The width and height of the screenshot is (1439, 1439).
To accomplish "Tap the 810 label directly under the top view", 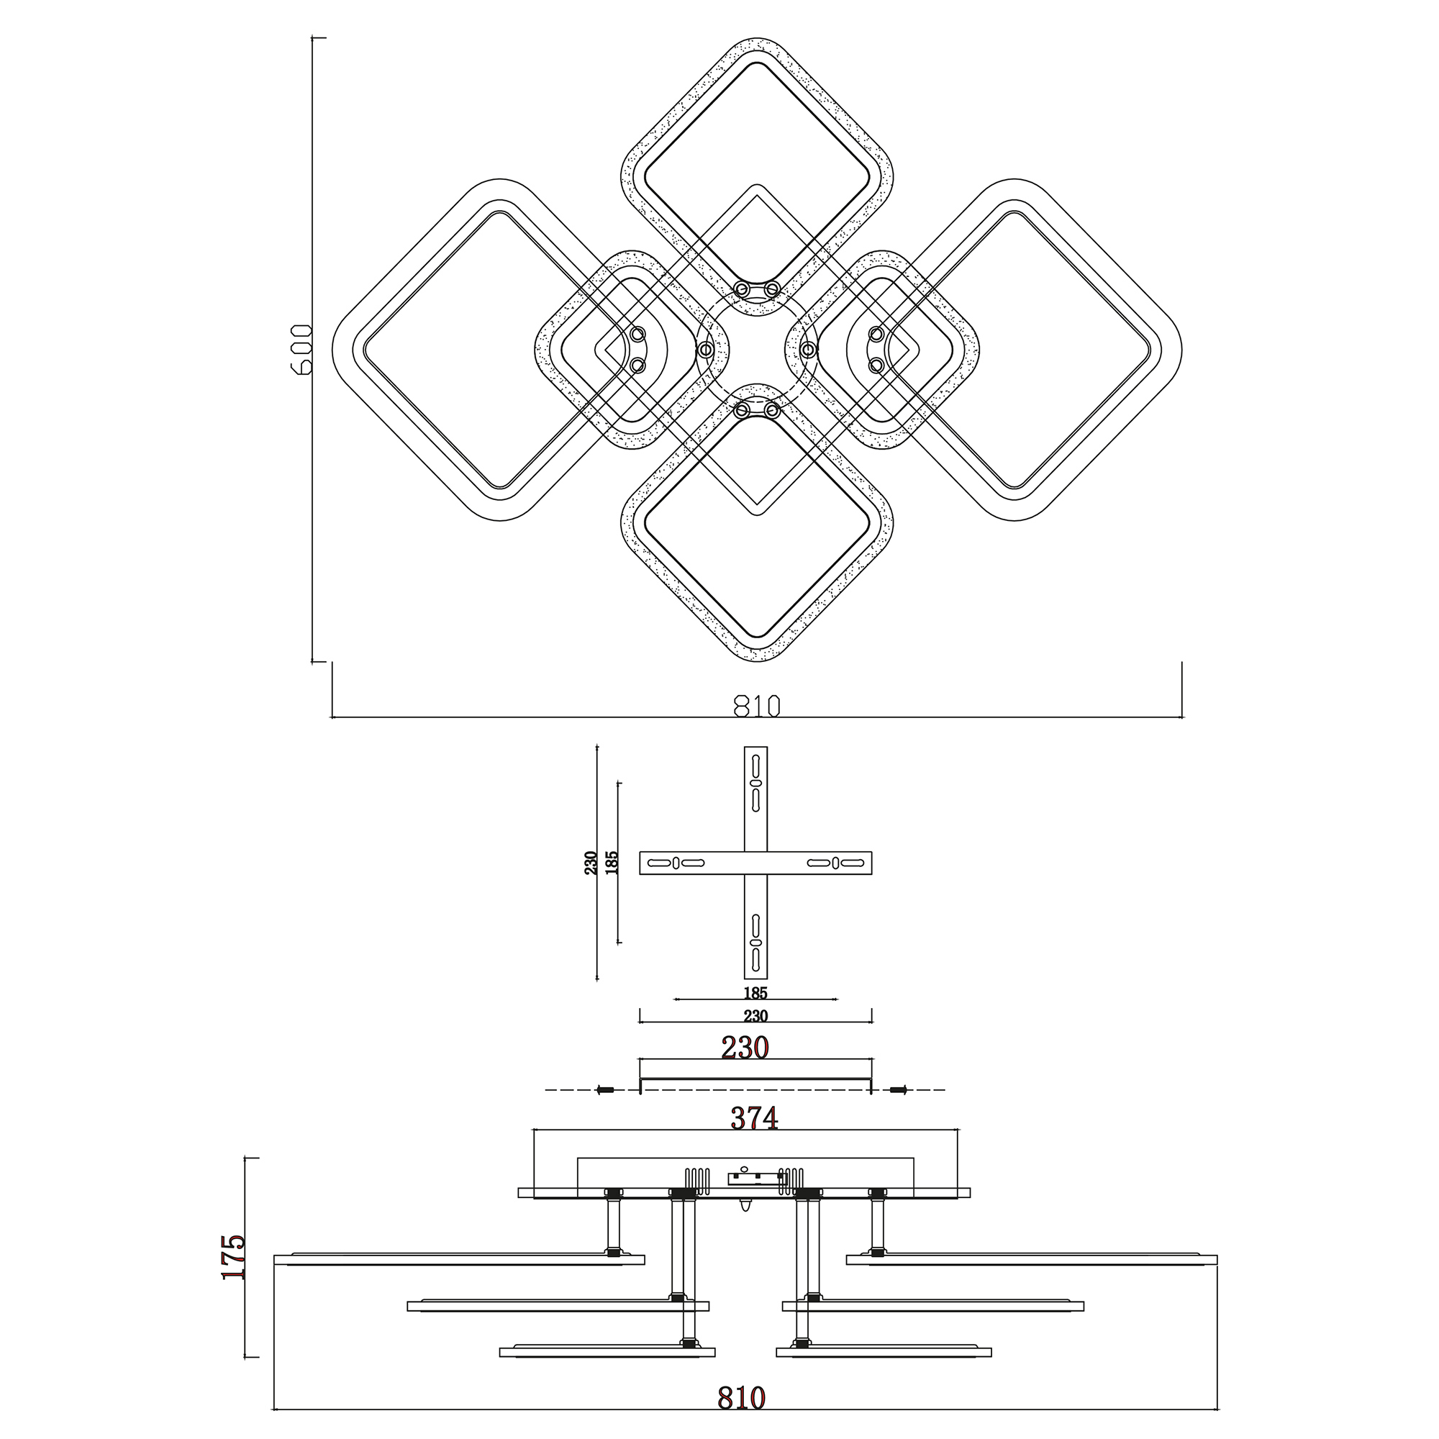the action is click(x=757, y=705).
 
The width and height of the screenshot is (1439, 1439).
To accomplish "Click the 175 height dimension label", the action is click(x=233, y=1256).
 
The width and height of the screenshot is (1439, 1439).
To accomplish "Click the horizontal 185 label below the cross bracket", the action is click(x=755, y=993).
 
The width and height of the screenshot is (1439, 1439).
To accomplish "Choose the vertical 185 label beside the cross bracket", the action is click(x=612, y=863).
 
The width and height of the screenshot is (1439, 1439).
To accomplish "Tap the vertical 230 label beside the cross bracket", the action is click(x=591, y=863).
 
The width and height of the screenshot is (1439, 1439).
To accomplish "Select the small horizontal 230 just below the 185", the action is click(x=755, y=1016).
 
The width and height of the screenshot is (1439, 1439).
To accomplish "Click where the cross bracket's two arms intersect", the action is click(x=755, y=863).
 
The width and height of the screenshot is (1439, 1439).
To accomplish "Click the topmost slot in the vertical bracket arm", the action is click(x=755, y=766).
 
